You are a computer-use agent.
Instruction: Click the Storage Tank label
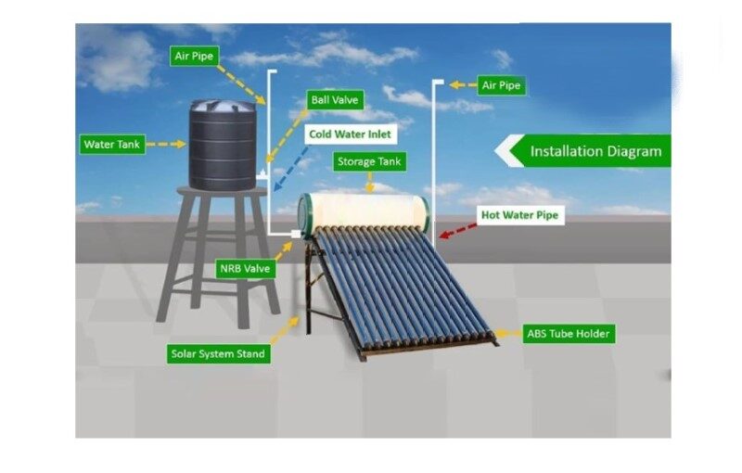click(370, 161)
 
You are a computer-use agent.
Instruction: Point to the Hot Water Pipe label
click(519, 215)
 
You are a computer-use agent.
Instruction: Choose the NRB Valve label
click(245, 269)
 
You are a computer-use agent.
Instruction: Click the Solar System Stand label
click(219, 353)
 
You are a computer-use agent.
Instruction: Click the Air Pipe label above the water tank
click(194, 56)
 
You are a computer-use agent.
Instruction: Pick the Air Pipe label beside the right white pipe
click(501, 85)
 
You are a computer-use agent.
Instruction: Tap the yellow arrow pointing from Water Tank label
click(167, 145)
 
